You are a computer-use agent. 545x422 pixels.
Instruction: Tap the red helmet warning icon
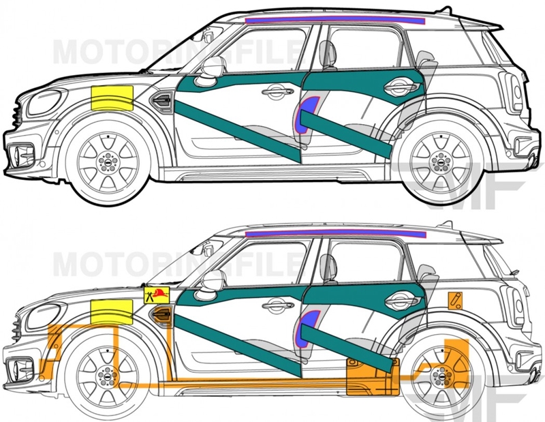[155, 294]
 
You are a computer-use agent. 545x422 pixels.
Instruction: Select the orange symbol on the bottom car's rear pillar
[454, 299]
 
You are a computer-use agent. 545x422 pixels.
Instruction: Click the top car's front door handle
[276, 90]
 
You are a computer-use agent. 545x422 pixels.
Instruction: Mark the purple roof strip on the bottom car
[334, 233]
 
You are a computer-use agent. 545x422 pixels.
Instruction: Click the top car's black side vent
[163, 101]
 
